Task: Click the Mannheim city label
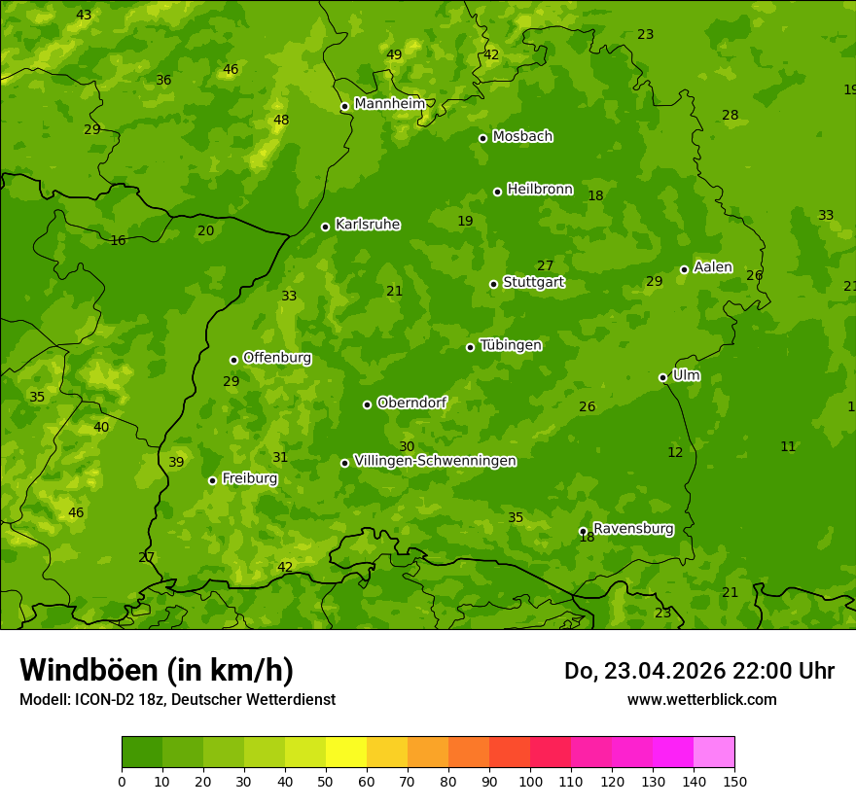click(389, 104)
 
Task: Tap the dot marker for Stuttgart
click(493, 284)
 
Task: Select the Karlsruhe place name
click(367, 225)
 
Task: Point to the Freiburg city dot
click(212, 480)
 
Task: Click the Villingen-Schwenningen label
click(435, 461)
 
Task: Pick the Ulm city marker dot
click(662, 377)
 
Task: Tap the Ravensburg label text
click(633, 529)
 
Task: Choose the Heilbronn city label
click(540, 190)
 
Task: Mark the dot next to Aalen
click(684, 269)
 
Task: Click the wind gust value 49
click(394, 55)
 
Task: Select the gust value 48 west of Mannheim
click(281, 121)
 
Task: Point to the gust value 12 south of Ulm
click(675, 452)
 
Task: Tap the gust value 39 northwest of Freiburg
click(176, 463)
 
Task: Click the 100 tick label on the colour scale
click(530, 781)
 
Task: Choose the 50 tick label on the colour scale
click(326, 781)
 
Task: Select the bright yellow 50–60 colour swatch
click(346, 753)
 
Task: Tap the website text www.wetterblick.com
click(701, 699)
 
